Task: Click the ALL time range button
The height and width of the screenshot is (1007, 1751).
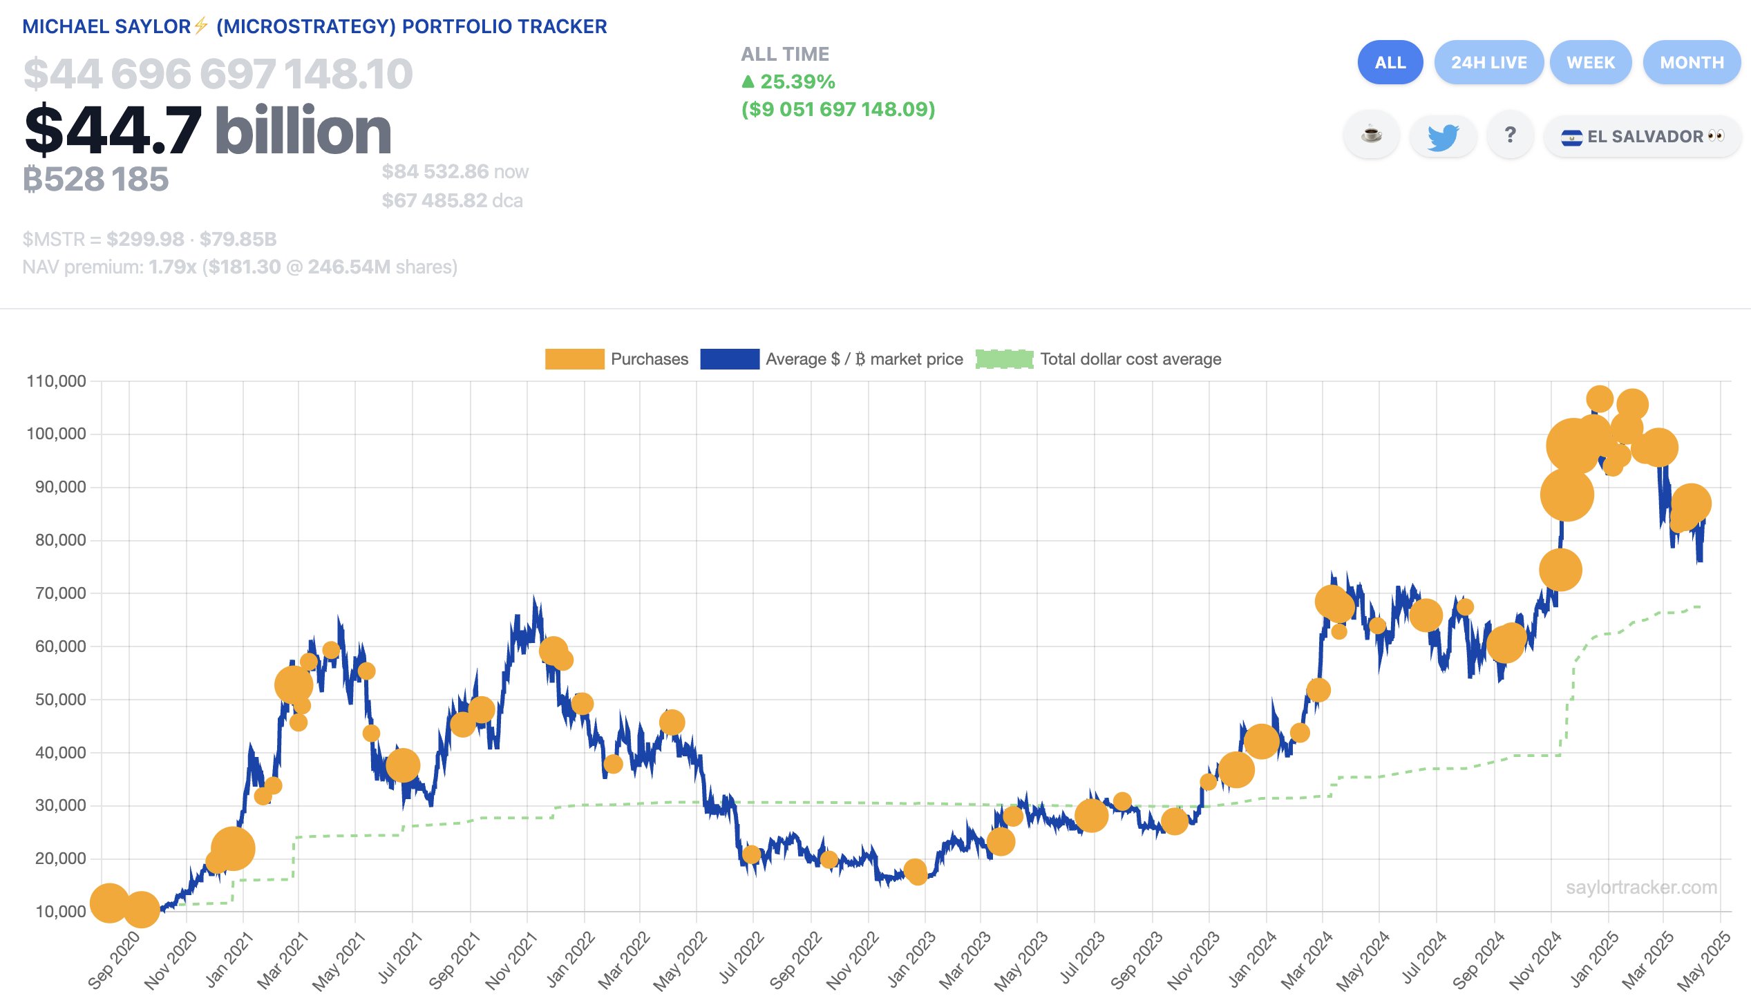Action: coord(1390,63)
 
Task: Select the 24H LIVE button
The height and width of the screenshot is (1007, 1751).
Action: coord(1488,63)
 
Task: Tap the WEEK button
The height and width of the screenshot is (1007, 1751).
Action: coord(1590,63)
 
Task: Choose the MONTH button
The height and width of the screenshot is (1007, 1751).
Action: coord(1692,63)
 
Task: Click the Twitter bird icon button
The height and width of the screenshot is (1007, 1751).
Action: coord(1442,136)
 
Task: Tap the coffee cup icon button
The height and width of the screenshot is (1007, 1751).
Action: coord(1371,135)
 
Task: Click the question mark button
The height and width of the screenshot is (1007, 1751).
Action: coord(1511,135)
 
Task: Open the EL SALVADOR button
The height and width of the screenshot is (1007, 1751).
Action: coord(1643,136)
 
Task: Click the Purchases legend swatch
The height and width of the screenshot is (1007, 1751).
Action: coord(574,359)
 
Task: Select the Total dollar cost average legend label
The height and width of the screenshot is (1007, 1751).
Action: coord(1130,359)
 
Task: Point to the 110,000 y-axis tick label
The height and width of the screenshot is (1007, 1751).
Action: coord(56,381)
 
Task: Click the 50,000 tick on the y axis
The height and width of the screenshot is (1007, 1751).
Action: coord(60,699)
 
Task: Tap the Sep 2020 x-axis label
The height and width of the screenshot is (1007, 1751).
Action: coord(113,961)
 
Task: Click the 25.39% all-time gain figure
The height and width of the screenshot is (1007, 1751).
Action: coord(797,81)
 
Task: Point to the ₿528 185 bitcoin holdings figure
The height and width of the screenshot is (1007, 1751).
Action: coord(96,179)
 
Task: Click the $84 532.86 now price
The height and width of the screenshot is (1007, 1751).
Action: coord(436,171)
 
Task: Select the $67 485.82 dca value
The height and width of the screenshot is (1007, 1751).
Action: coord(435,200)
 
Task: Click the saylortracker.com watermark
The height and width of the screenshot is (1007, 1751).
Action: coord(1641,888)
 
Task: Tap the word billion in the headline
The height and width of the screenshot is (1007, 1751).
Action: coord(303,131)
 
